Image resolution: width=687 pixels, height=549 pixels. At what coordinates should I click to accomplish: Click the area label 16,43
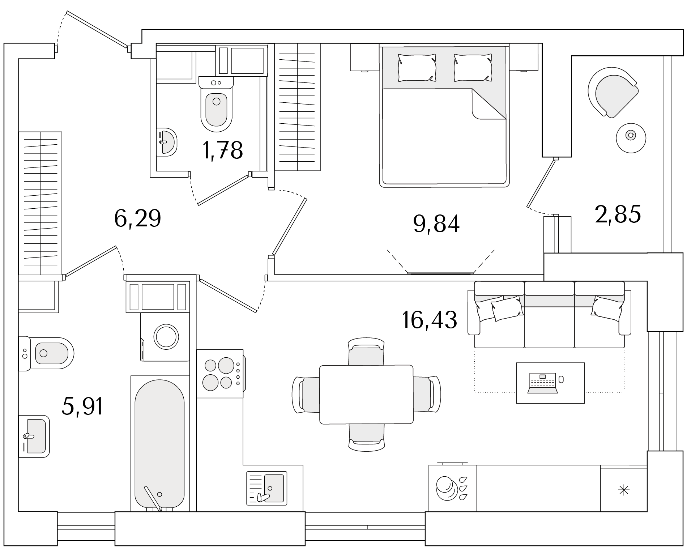[x=430, y=320]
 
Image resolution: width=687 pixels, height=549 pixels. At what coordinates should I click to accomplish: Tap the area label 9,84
[x=436, y=224]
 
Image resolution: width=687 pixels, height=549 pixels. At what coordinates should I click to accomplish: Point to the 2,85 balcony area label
[x=618, y=214]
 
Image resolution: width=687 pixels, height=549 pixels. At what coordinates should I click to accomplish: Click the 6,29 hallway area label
[x=137, y=218]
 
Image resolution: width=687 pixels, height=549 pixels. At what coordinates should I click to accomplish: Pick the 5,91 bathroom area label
[x=83, y=406]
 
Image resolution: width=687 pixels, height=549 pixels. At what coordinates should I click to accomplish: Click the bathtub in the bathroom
[x=159, y=443]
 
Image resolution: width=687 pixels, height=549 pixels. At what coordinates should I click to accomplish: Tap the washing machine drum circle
[x=166, y=337]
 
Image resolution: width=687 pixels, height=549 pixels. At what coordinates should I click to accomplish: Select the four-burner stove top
[x=220, y=374]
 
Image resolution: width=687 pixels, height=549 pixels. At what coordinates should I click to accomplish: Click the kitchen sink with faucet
[x=267, y=488]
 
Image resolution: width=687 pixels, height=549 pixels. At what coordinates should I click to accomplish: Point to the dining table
[x=366, y=395]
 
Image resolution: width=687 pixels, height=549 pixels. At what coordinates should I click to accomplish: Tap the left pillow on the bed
[x=417, y=67]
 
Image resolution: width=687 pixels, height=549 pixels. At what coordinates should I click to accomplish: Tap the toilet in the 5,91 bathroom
[x=46, y=353]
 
